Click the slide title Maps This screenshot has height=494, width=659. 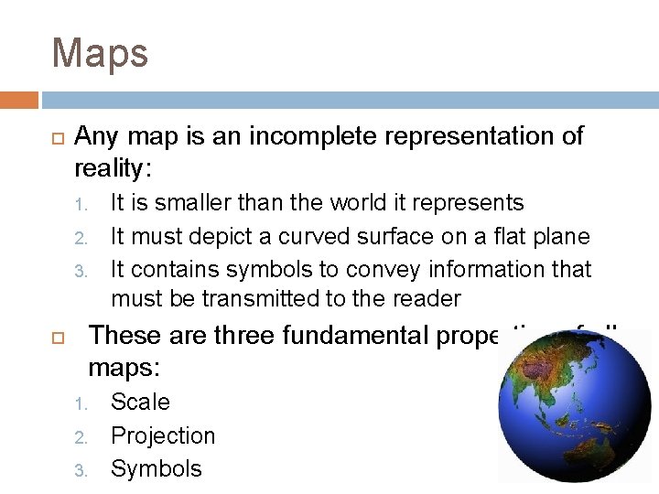pos(100,53)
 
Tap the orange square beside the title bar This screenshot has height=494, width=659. pos(18,99)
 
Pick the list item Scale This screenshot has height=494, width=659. pos(140,402)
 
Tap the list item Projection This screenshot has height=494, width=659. pos(163,435)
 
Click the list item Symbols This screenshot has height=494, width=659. pos(156,468)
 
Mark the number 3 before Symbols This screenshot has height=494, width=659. pos(80,471)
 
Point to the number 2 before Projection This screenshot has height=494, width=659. pos(80,437)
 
